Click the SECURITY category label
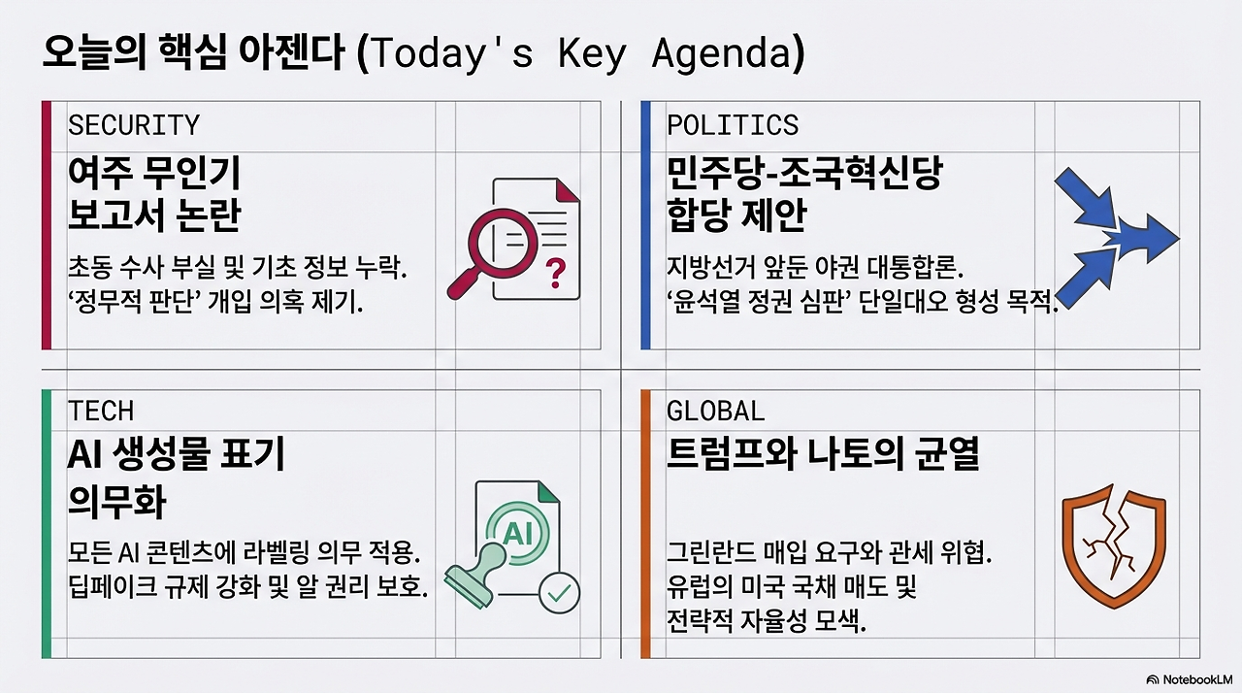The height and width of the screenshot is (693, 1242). [133, 125]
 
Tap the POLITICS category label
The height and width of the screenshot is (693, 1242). [733, 125]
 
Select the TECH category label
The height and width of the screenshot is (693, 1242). [101, 411]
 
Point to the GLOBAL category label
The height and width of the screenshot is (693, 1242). [715, 411]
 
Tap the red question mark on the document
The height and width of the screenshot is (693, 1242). [555, 273]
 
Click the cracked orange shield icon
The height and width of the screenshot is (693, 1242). [1114, 547]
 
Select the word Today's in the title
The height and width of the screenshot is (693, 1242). [451, 54]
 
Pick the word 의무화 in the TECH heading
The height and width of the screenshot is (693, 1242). [116, 502]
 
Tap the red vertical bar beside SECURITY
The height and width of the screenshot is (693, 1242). [47, 224]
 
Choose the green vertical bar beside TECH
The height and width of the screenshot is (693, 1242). [47, 523]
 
